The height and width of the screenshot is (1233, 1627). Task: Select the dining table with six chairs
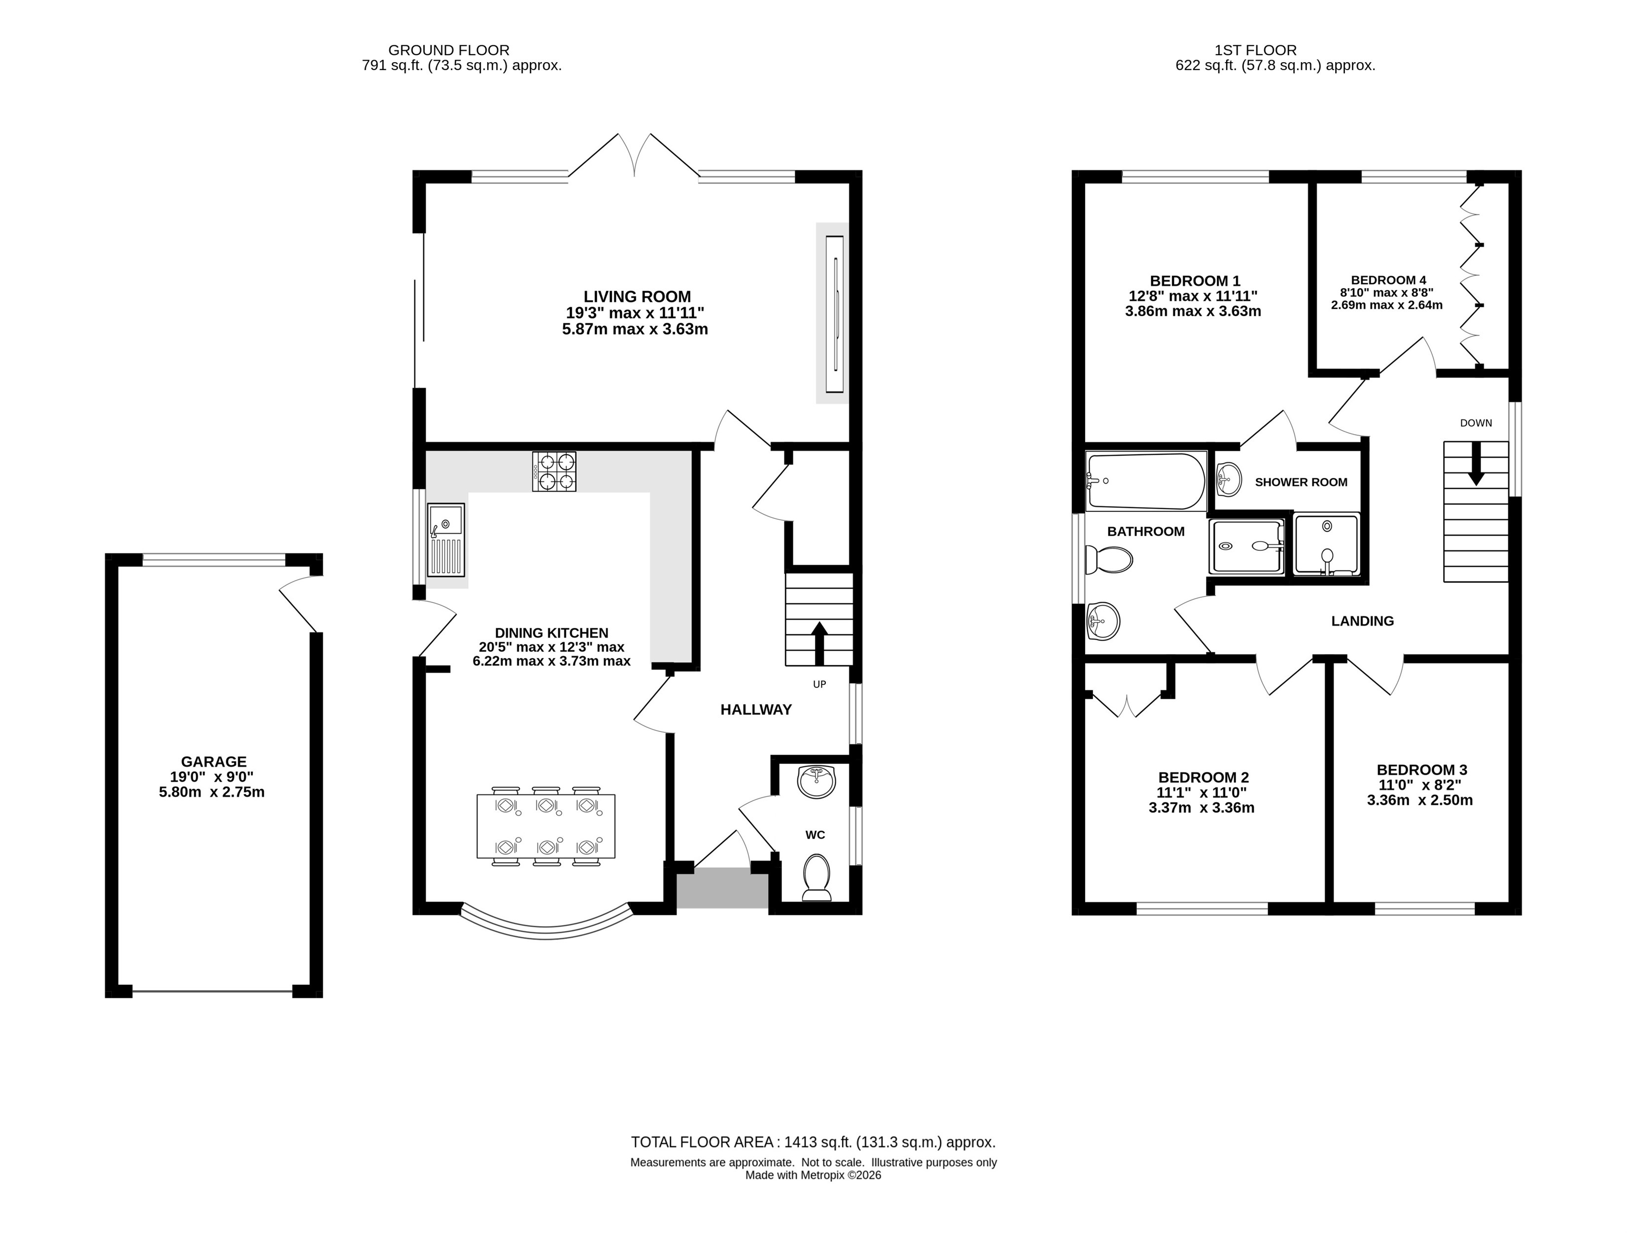coord(546,826)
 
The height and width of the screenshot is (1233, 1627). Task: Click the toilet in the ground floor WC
coord(816,877)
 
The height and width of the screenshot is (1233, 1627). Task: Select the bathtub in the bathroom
coord(1146,481)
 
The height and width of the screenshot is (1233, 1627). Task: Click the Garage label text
coord(214,762)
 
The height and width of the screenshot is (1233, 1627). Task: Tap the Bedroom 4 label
coord(1388,280)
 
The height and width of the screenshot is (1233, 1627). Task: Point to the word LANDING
coord(1362,621)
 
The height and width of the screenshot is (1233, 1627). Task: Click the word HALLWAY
coord(756,710)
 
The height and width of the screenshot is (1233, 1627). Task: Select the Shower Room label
coord(1301,483)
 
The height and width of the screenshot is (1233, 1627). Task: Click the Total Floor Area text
coord(813,1143)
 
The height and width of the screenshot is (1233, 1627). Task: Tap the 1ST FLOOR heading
coord(1256,50)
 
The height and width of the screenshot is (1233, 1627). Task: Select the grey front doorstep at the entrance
coord(722,888)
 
